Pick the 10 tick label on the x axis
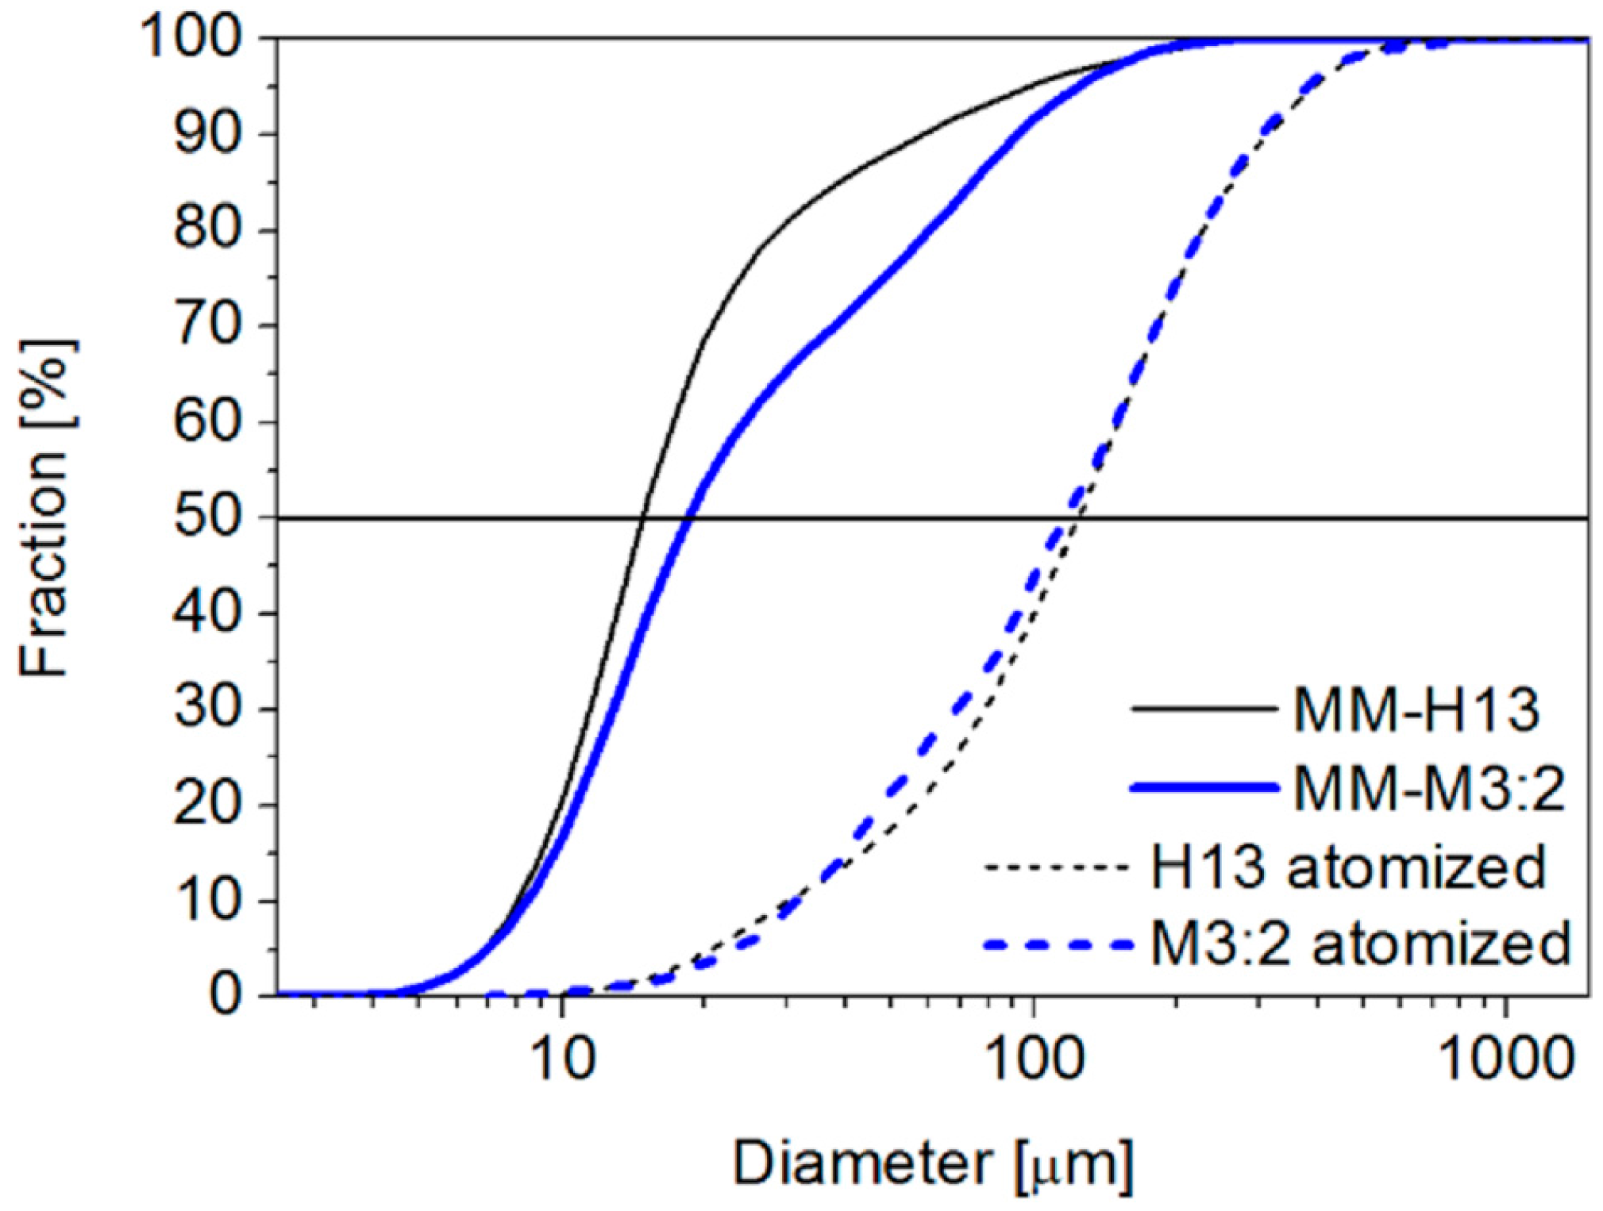pos(562,1059)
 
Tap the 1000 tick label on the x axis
pos(1506,1059)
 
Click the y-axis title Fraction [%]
pos(45,508)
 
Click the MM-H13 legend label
pos(1416,709)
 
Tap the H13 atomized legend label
pos(1348,867)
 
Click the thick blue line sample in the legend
pos(1204,788)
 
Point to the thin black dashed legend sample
pos(1056,867)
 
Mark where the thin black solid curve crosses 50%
pos(641,518)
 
